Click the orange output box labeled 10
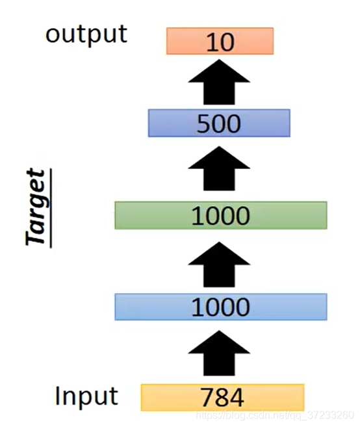click(x=220, y=41)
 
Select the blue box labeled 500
click(x=219, y=123)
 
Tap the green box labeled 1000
click(x=221, y=215)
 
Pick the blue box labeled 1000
click(x=221, y=307)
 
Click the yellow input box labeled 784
click(x=222, y=397)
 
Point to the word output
click(x=86, y=35)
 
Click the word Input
click(x=86, y=397)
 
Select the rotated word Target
click(x=35, y=207)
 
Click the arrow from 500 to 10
click(x=219, y=83)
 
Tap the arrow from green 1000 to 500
click(x=219, y=168)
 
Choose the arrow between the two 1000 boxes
click(x=219, y=265)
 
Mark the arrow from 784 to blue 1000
click(x=219, y=353)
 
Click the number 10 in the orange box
click(x=220, y=42)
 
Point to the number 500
click(x=219, y=123)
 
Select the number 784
click(x=222, y=398)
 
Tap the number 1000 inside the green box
click(x=221, y=216)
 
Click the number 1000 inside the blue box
click(x=221, y=307)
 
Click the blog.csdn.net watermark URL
click(x=275, y=415)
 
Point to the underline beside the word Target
click(x=51, y=208)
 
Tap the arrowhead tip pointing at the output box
click(x=219, y=60)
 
